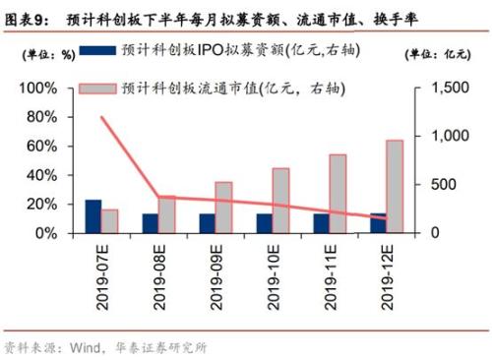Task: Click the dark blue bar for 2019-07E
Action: tap(92, 216)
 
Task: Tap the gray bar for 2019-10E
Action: tap(280, 201)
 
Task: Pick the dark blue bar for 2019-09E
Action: tap(207, 223)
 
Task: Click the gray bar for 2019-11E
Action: tap(338, 194)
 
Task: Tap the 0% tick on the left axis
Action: tap(55, 234)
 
